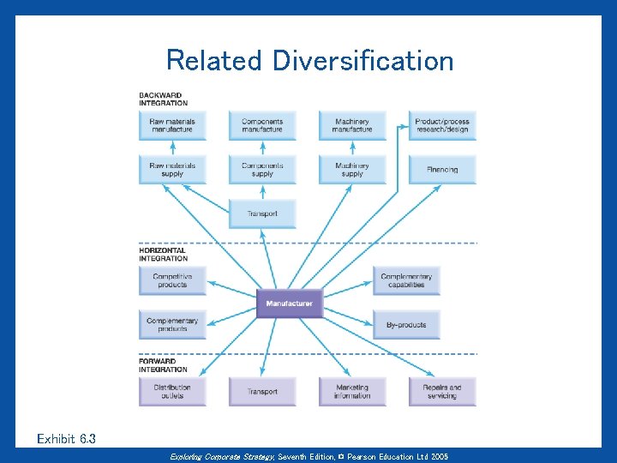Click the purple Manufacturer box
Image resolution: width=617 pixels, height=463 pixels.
290,304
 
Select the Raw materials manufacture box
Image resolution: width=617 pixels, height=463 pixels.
172,125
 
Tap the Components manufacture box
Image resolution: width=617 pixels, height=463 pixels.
262,125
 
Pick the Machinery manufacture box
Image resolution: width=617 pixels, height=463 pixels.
352,125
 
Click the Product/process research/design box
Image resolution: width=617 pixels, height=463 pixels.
442,125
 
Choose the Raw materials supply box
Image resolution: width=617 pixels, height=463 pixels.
172,169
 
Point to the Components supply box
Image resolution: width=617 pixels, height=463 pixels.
262,169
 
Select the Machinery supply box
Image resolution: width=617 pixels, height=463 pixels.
352,169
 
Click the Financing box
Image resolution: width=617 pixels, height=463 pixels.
442,169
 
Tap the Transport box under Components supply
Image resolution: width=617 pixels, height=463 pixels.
262,213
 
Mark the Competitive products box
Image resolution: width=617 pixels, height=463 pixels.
172,280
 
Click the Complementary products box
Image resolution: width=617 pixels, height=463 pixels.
172,324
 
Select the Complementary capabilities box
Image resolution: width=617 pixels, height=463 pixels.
406,280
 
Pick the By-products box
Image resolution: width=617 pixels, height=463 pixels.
406,324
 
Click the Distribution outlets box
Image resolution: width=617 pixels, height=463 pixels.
172,391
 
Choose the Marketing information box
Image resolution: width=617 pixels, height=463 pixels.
352,391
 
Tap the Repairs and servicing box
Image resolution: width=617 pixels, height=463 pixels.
442,391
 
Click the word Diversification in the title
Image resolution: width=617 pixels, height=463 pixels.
362,61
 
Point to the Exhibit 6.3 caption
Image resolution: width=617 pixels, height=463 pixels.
67,439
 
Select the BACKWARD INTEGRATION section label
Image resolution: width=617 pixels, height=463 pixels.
163,99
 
